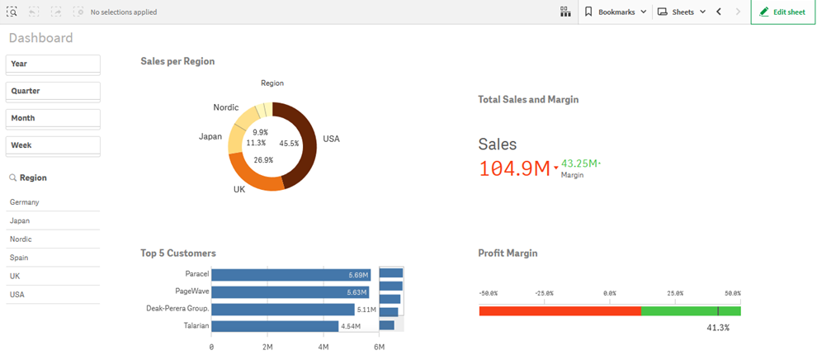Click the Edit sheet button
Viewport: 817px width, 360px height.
click(x=782, y=12)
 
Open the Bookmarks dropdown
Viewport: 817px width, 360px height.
click(x=615, y=12)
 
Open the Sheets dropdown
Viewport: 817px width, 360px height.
click(x=682, y=12)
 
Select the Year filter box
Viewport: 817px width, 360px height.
click(x=53, y=64)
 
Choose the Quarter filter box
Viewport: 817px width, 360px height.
click(x=53, y=91)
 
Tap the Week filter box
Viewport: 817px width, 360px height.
click(x=53, y=145)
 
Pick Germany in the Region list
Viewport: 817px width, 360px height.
click(x=25, y=202)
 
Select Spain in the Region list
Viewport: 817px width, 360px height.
click(x=19, y=258)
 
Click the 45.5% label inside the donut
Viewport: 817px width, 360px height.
click(x=289, y=143)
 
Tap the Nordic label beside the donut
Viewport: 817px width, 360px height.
click(x=225, y=107)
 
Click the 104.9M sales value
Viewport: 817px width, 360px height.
click(x=513, y=168)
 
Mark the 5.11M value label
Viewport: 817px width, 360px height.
click(x=366, y=310)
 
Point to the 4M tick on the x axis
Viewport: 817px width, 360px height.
click(x=323, y=348)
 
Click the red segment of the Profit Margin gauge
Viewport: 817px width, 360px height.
click(x=560, y=310)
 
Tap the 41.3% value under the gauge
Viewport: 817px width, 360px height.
click(x=718, y=328)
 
